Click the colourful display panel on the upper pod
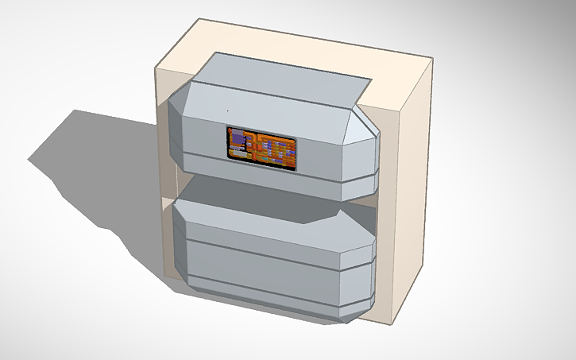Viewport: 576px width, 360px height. pos(262,146)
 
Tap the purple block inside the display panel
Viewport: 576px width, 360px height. pos(237,140)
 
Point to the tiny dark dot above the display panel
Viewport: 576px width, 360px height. pos(226,110)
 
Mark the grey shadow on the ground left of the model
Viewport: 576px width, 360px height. pos(87,159)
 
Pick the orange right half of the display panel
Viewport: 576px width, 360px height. pos(278,149)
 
